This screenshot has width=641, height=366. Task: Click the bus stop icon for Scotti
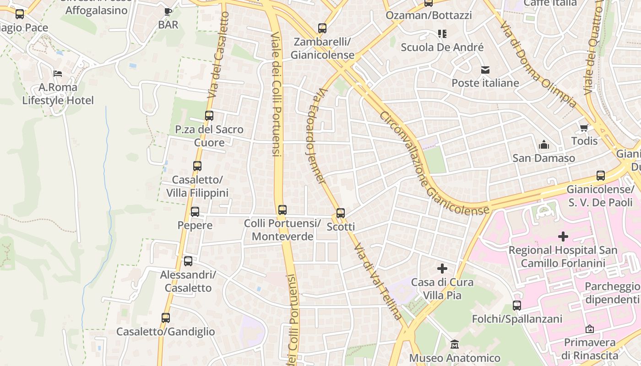click(x=340, y=213)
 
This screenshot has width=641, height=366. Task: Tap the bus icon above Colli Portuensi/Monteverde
click(x=282, y=210)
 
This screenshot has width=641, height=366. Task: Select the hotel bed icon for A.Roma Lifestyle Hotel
click(x=58, y=73)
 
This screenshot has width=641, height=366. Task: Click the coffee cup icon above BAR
click(x=168, y=11)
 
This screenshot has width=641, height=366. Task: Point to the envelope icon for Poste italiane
click(x=485, y=70)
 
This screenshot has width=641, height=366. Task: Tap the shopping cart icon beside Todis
click(x=584, y=128)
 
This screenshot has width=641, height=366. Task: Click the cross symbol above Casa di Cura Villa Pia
click(x=442, y=268)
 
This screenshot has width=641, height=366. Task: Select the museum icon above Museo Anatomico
click(x=455, y=344)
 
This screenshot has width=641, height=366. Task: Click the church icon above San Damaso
click(x=544, y=145)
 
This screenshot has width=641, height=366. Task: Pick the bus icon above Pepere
click(x=195, y=212)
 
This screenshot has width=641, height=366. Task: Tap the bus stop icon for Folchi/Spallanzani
click(x=517, y=305)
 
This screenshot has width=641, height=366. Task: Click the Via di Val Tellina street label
click(x=378, y=281)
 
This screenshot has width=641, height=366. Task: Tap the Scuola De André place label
click(x=442, y=47)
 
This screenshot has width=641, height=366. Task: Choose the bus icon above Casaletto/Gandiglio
click(x=166, y=318)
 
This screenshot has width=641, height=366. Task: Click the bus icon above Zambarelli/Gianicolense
click(x=322, y=28)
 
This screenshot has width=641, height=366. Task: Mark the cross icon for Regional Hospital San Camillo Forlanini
click(x=563, y=237)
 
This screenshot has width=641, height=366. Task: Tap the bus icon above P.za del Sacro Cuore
click(x=209, y=116)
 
